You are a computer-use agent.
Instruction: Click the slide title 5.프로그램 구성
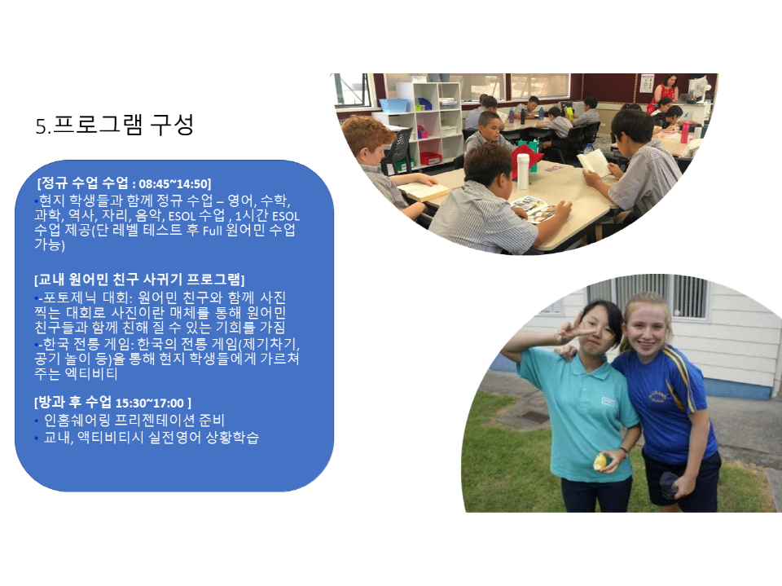coord(114,125)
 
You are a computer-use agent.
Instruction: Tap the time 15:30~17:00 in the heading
coord(150,403)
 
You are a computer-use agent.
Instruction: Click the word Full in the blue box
coord(212,231)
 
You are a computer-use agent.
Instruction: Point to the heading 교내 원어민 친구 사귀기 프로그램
coord(139,279)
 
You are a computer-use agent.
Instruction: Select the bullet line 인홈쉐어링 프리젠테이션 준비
coord(134,420)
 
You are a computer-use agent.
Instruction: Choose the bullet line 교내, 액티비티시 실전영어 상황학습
coord(152,437)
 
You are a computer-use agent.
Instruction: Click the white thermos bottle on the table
coord(523,171)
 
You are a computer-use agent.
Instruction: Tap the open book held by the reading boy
coord(594,163)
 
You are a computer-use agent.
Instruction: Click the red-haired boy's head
coord(367,139)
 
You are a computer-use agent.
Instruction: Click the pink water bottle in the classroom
coord(685,132)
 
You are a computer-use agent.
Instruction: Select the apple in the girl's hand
coord(600,462)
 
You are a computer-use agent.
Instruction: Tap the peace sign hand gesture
coord(572,328)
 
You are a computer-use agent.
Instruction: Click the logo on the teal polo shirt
coord(608,401)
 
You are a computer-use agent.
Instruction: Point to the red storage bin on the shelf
coord(430,158)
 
